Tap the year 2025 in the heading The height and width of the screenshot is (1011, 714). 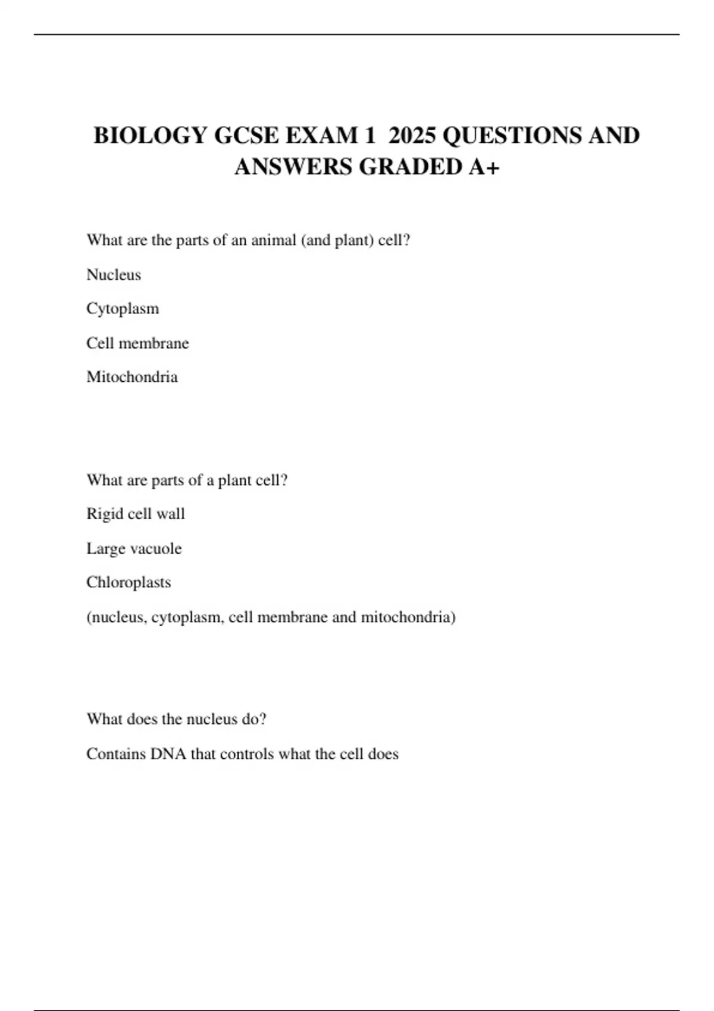pos(412,136)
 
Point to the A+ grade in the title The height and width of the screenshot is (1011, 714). pos(484,167)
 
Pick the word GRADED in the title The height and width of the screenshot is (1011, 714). pos(411,167)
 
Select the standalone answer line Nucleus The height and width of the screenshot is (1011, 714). pos(114,275)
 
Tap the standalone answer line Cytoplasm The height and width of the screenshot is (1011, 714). pos(123,309)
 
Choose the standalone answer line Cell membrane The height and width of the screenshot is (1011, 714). pos(137,343)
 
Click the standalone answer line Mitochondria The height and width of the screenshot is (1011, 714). pos(132,377)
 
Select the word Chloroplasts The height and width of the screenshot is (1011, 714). pos(129,582)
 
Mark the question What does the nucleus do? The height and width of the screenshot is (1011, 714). pos(176,719)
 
